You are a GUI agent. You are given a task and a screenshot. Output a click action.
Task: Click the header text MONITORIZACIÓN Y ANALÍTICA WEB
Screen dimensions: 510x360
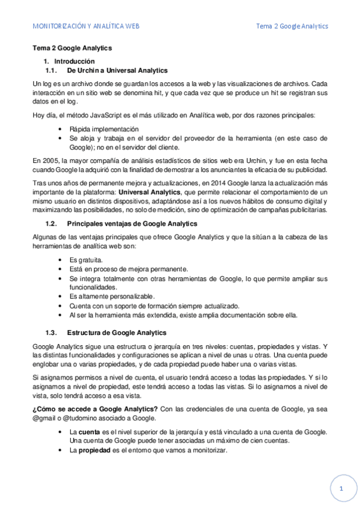[87, 26]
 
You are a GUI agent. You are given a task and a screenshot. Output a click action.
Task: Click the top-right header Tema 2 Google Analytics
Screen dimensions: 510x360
[291, 26]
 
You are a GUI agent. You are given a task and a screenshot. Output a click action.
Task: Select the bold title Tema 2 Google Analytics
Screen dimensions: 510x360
[72, 48]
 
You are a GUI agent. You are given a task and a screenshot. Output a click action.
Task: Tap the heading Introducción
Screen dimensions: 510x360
[75, 61]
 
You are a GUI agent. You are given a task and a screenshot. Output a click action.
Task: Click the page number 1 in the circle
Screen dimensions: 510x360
[341, 489]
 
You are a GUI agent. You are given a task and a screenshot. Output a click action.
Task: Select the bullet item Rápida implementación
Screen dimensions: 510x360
[104, 129]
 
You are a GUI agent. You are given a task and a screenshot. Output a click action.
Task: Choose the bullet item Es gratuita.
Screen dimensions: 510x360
[86, 259]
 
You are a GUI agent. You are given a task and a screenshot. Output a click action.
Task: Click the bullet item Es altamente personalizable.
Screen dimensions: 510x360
[112, 296]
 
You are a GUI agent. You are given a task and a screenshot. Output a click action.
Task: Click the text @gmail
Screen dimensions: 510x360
[45, 419]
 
